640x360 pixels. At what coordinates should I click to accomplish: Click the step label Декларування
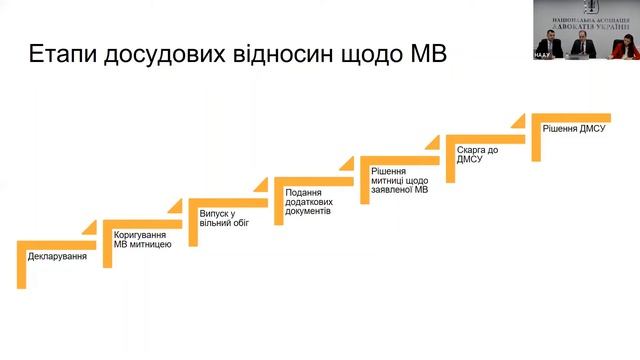[57, 257]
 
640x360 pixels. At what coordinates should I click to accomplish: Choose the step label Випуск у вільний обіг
[224, 218]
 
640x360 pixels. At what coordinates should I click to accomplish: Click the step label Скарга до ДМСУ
[478, 155]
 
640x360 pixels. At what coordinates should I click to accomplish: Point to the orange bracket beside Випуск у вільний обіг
[193, 221]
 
